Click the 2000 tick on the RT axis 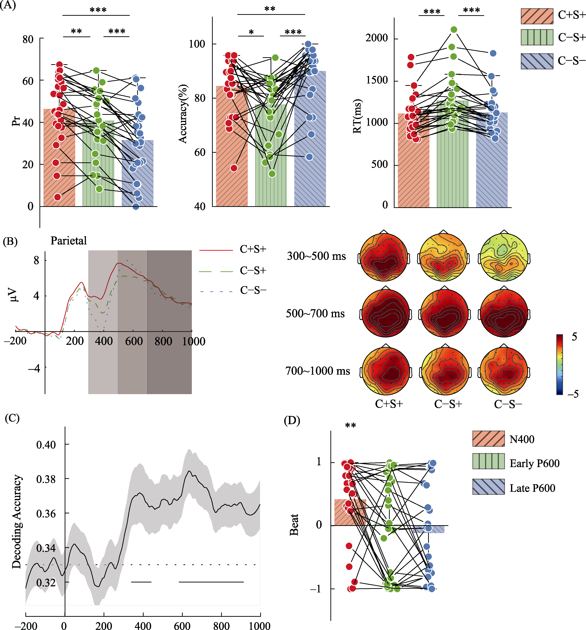coord(376,38)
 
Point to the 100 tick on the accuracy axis coord(197,44)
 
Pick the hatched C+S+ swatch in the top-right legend coord(537,16)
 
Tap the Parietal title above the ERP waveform coord(68,241)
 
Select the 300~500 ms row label coord(316,256)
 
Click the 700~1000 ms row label coord(318,371)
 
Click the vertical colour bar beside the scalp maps coord(559,364)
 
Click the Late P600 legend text coord(532,488)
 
